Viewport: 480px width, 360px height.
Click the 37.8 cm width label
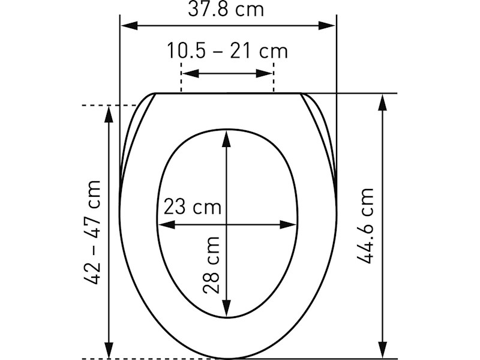tap(226, 9)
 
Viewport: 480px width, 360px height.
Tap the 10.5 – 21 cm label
tap(227, 51)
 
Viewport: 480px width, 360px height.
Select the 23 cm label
tap(192, 206)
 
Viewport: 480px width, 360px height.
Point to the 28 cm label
tap(211, 265)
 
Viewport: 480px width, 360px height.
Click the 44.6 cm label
tap(365, 226)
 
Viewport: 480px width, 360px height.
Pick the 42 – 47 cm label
tap(92, 233)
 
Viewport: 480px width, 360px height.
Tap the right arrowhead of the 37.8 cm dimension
tap(327, 26)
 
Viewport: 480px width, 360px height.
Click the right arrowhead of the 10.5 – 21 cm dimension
tap(264, 73)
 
